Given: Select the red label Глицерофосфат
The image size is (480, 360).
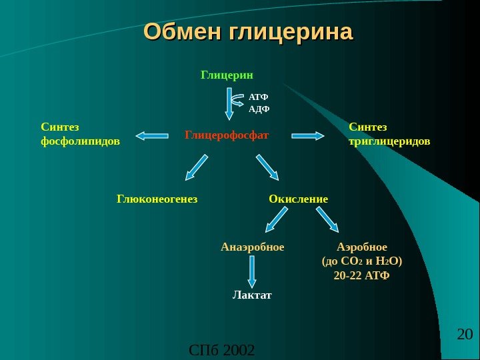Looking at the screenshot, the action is (x=227, y=135).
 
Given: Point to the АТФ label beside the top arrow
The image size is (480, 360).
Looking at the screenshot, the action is (x=259, y=97).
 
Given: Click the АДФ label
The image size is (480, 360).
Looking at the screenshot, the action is (x=259, y=109).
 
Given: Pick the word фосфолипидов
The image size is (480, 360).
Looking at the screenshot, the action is (x=81, y=141).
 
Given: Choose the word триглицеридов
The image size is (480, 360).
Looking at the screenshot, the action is (x=389, y=141).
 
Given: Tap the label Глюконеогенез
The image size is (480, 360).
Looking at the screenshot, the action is (x=157, y=199).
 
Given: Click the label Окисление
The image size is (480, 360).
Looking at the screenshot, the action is (x=299, y=199).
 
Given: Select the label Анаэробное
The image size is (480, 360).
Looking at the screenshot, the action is (x=252, y=247).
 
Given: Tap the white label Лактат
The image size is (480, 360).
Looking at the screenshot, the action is (x=252, y=294).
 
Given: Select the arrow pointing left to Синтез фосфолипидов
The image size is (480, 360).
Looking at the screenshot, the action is (x=152, y=136).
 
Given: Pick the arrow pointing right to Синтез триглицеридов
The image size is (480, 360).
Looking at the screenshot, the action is (x=308, y=135).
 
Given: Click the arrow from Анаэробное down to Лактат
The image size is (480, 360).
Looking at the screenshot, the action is (x=252, y=271).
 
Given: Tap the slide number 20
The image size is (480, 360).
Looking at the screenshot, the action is (x=465, y=333).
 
